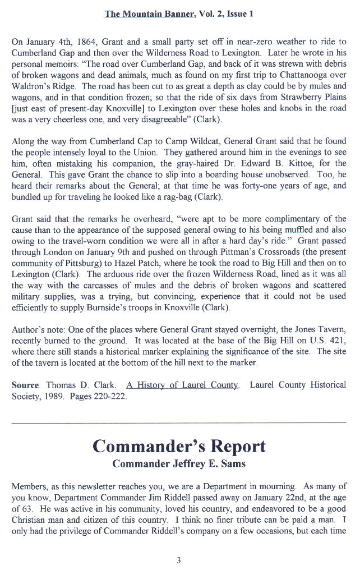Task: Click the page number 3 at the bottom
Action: click(x=178, y=559)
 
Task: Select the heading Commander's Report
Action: click(x=179, y=447)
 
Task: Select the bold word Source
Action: click(x=26, y=385)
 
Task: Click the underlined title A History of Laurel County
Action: click(x=183, y=385)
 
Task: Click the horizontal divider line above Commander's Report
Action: click(x=179, y=422)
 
